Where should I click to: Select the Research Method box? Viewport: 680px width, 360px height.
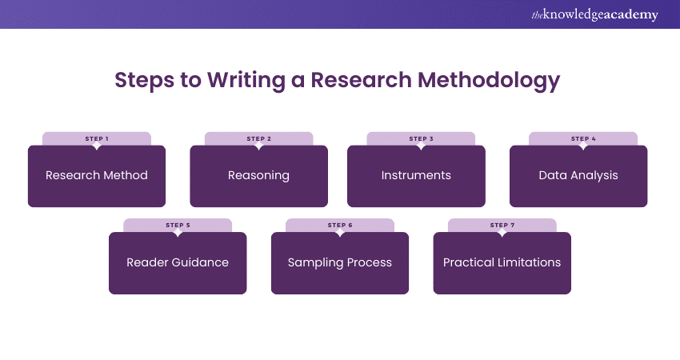(97, 176)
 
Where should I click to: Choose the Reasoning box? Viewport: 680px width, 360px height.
(258, 176)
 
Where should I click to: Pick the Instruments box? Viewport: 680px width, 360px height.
(416, 176)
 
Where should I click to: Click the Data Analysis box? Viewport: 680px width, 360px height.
(578, 176)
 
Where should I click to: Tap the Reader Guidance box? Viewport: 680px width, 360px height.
(178, 262)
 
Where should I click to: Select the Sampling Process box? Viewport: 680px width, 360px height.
(340, 262)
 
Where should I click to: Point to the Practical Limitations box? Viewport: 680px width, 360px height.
(502, 262)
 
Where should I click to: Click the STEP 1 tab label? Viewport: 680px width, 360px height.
(97, 138)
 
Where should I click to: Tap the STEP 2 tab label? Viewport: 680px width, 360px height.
(258, 138)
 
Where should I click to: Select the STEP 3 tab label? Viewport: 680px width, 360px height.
(421, 138)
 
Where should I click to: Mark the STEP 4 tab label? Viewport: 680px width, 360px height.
(582, 138)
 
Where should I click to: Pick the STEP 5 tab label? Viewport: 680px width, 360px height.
(178, 225)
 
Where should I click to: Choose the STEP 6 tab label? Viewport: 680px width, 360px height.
(340, 225)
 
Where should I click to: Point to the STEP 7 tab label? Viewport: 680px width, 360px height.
(502, 225)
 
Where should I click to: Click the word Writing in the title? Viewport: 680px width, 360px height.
(236, 81)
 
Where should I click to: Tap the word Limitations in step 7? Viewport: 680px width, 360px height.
(529, 262)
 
